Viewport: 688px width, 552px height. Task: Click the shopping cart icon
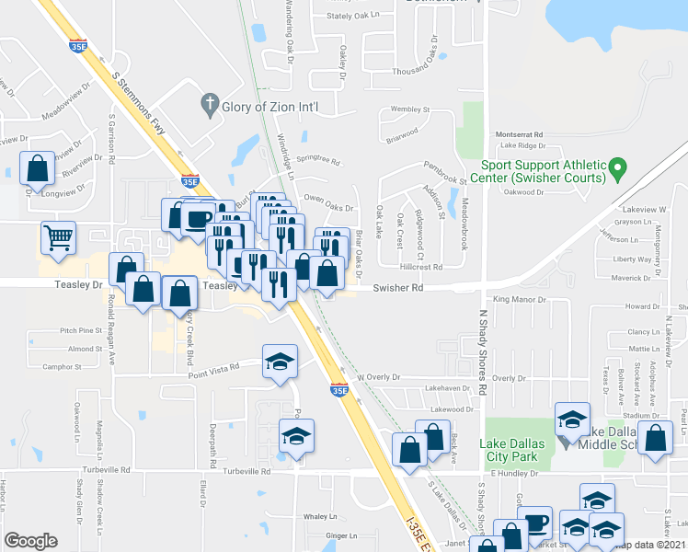58,236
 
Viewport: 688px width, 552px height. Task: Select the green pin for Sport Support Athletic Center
618,169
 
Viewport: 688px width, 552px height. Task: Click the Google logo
30,541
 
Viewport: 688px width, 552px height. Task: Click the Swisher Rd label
397,288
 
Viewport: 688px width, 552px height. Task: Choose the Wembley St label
410,109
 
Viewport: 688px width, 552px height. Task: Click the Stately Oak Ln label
353,16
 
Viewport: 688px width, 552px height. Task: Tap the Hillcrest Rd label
421,267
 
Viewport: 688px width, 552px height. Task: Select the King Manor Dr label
519,300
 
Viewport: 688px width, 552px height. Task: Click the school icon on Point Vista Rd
281,361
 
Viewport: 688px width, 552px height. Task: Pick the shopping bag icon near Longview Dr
36,168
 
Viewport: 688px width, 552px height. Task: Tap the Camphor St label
63,366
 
